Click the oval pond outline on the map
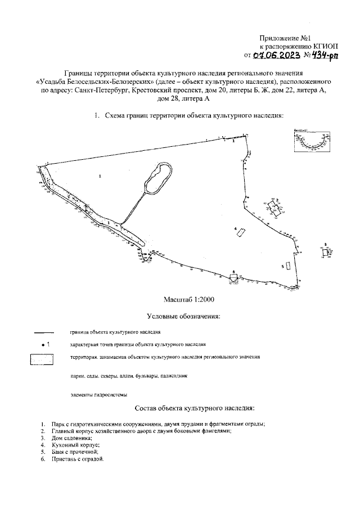tap(158, 178)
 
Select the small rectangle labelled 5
tap(288, 265)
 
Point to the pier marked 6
tap(234, 277)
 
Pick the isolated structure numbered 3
tap(325, 253)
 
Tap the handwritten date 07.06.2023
tap(276, 55)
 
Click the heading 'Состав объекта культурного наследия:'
tap(195, 408)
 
